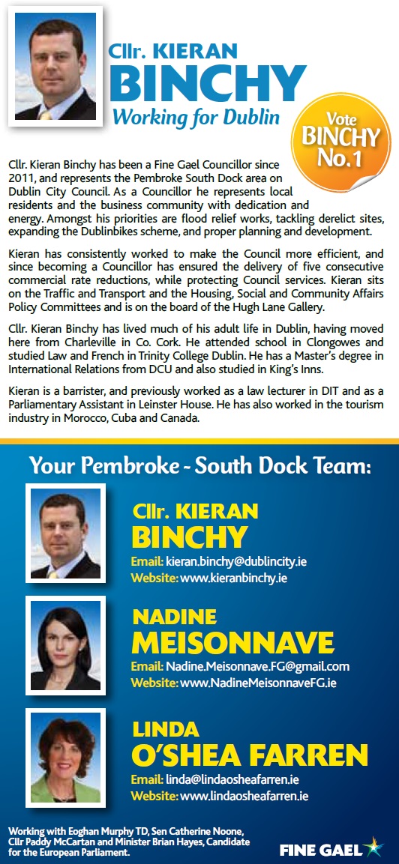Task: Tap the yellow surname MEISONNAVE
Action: pos(232,642)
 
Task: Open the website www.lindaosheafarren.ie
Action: pos(244,796)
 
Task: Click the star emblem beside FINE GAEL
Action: pos(372,848)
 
